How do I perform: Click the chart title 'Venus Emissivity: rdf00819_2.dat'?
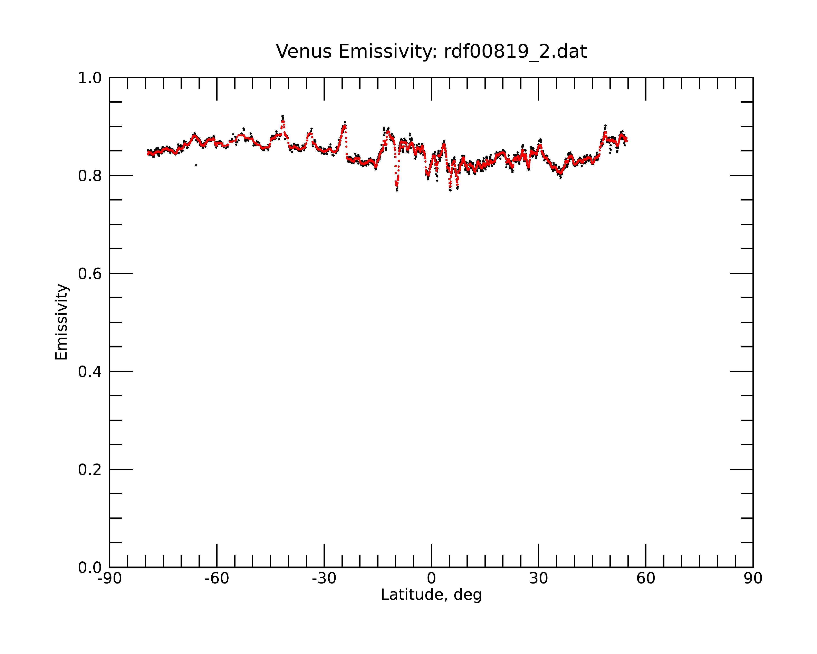point(431,52)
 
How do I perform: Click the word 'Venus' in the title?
point(304,52)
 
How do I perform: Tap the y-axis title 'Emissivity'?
point(61,322)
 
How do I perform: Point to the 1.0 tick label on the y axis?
point(90,78)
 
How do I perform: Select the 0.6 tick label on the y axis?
point(90,274)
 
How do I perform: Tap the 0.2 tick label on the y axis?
point(90,470)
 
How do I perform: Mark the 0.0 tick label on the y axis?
point(90,568)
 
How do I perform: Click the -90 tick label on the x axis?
point(109,579)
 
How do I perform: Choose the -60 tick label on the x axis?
point(217,579)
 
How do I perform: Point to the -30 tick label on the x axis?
point(324,579)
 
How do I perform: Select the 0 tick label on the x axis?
point(431,579)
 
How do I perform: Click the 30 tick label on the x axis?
point(538,579)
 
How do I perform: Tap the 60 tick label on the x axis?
point(646,579)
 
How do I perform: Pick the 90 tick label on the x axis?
point(753,579)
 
